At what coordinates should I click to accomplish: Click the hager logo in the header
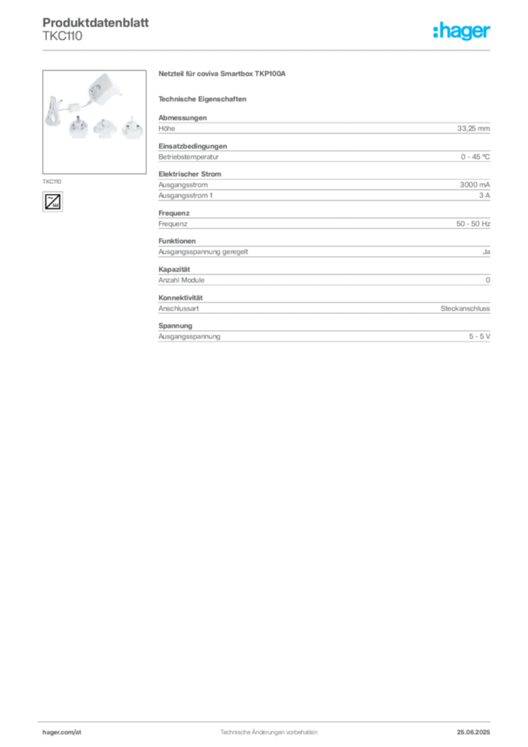point(461,31)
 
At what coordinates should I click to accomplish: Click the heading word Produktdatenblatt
point(96,23)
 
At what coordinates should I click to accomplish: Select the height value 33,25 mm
point(473,128)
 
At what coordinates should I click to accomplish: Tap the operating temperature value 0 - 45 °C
point(475,157)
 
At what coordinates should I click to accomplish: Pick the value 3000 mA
point(475,185)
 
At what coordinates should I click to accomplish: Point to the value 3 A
point(484,196)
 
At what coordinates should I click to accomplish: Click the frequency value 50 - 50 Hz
point(473,224)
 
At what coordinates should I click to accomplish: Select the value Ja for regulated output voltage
point(486,252)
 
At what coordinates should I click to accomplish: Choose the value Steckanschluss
point(465,309)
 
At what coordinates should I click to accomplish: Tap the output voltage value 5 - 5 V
point(479,336)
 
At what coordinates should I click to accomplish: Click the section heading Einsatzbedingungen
point(193,146)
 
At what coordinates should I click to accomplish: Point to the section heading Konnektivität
point(180,298)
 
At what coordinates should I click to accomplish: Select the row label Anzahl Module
point(182,280)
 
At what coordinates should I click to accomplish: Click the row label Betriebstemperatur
point(189,157)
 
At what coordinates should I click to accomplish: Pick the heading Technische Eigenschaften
point(202,99)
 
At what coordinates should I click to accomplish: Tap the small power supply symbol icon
point(53,201)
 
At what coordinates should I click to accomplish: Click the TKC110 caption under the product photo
point(52,182)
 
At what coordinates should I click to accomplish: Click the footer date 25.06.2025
point(473,732)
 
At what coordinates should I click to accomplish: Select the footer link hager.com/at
point(62,732)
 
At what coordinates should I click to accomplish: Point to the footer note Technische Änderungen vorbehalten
point(268,732)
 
